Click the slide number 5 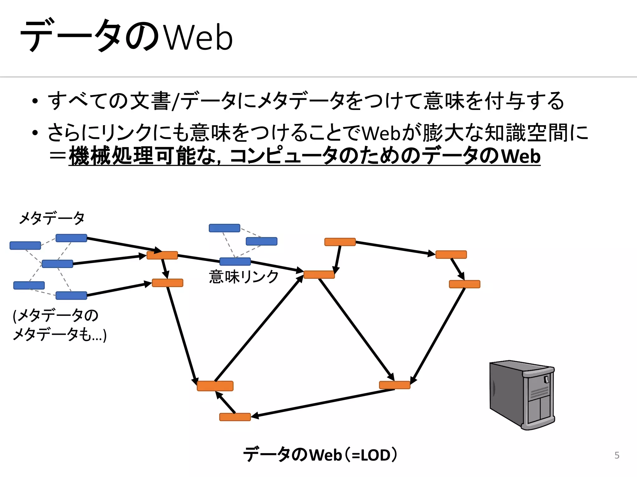[x=617, y=455]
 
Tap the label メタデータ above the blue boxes [x=52, y=218]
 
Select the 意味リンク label [x=244, y=276]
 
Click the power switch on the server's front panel [x=546, y=379]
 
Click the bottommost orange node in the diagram [x=235, y=417]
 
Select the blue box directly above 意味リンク [x=235, y=261]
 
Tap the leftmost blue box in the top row [x=25, y=246]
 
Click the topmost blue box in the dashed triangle [x=224, y=228]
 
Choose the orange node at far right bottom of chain [x=464, y=284]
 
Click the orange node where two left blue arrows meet [x=162, y=255]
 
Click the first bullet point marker [x=35, y=101]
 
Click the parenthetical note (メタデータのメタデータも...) [x=59, y=325]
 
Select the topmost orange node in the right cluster [x=340, y=242]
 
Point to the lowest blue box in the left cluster [x=71, y=295]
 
